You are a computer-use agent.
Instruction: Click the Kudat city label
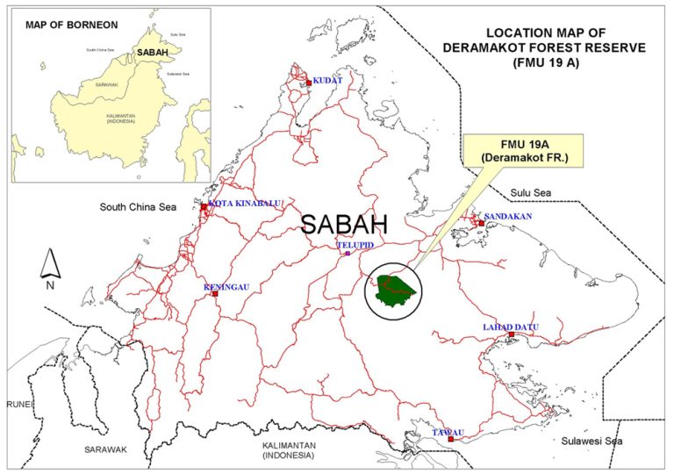327,80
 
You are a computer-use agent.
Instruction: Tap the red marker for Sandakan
481,223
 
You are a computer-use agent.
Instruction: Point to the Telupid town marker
348,254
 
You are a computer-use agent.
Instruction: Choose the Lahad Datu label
509,327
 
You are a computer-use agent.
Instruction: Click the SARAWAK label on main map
106,449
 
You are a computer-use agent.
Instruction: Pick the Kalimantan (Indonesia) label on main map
288,450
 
